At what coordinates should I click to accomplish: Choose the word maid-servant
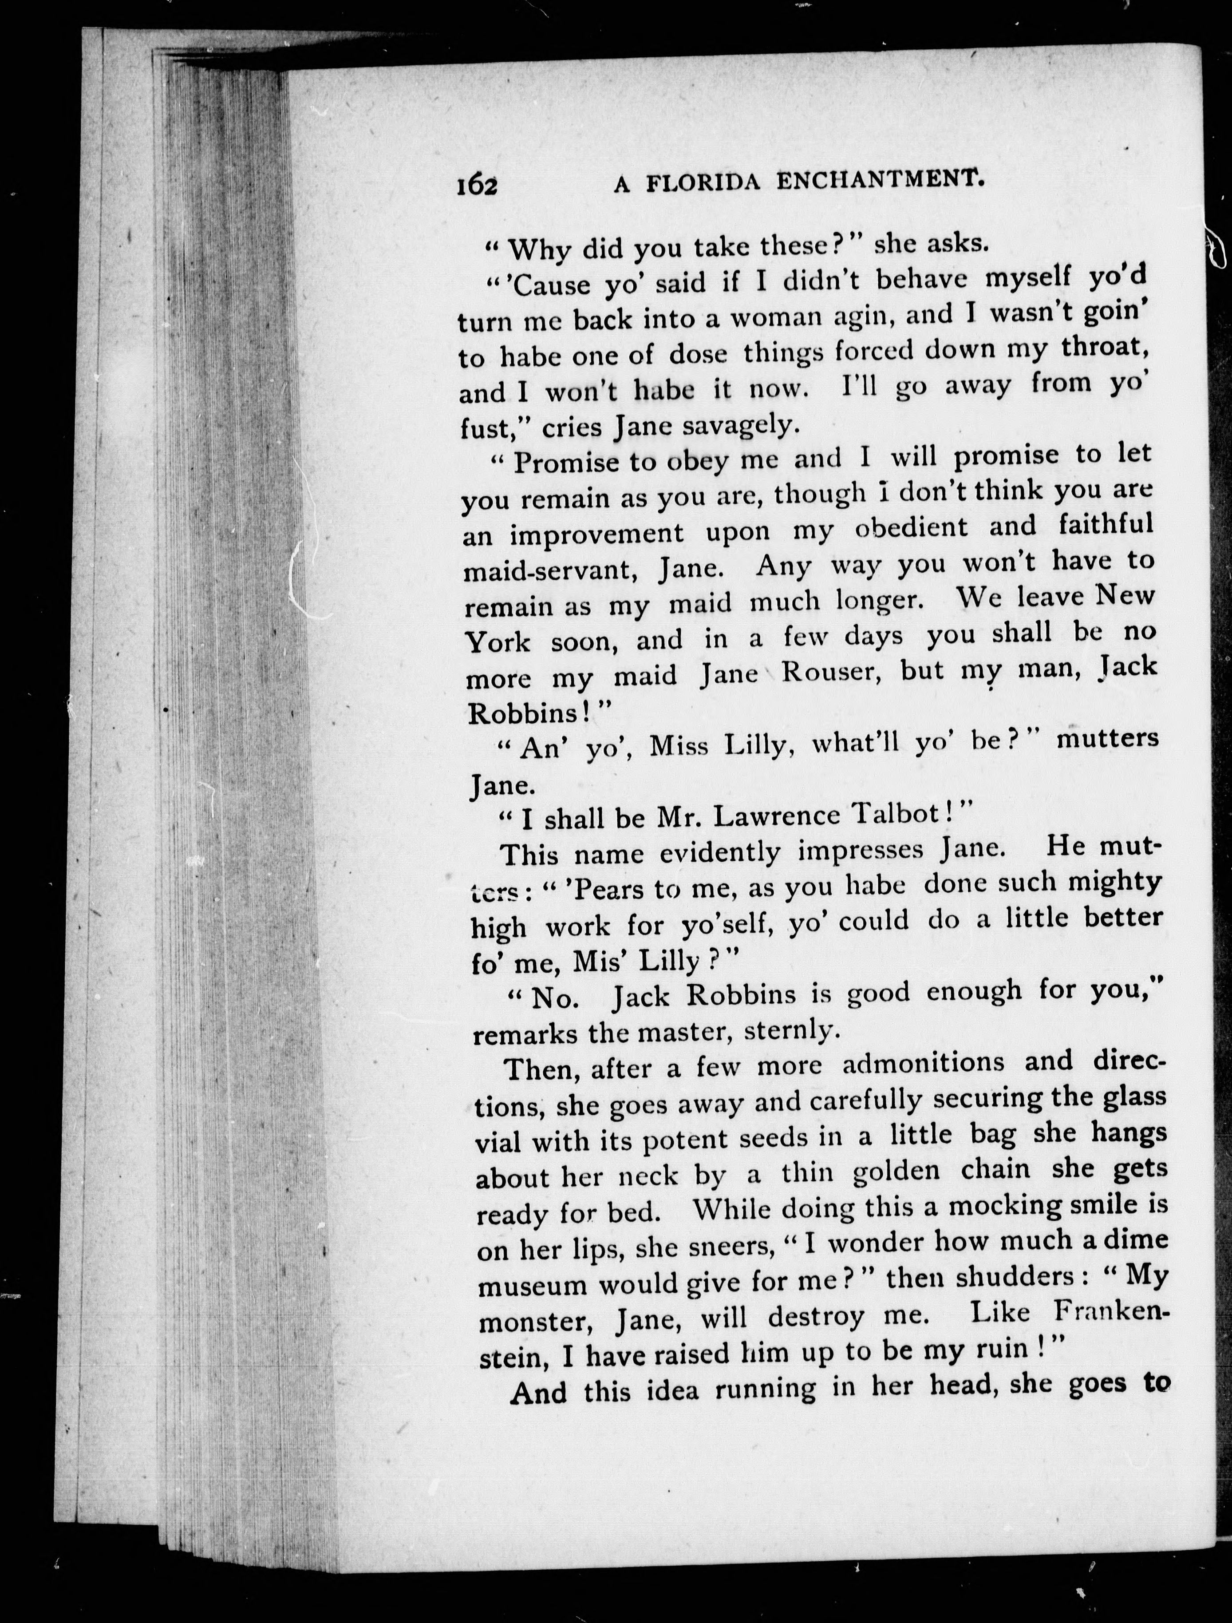coord(557,571)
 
